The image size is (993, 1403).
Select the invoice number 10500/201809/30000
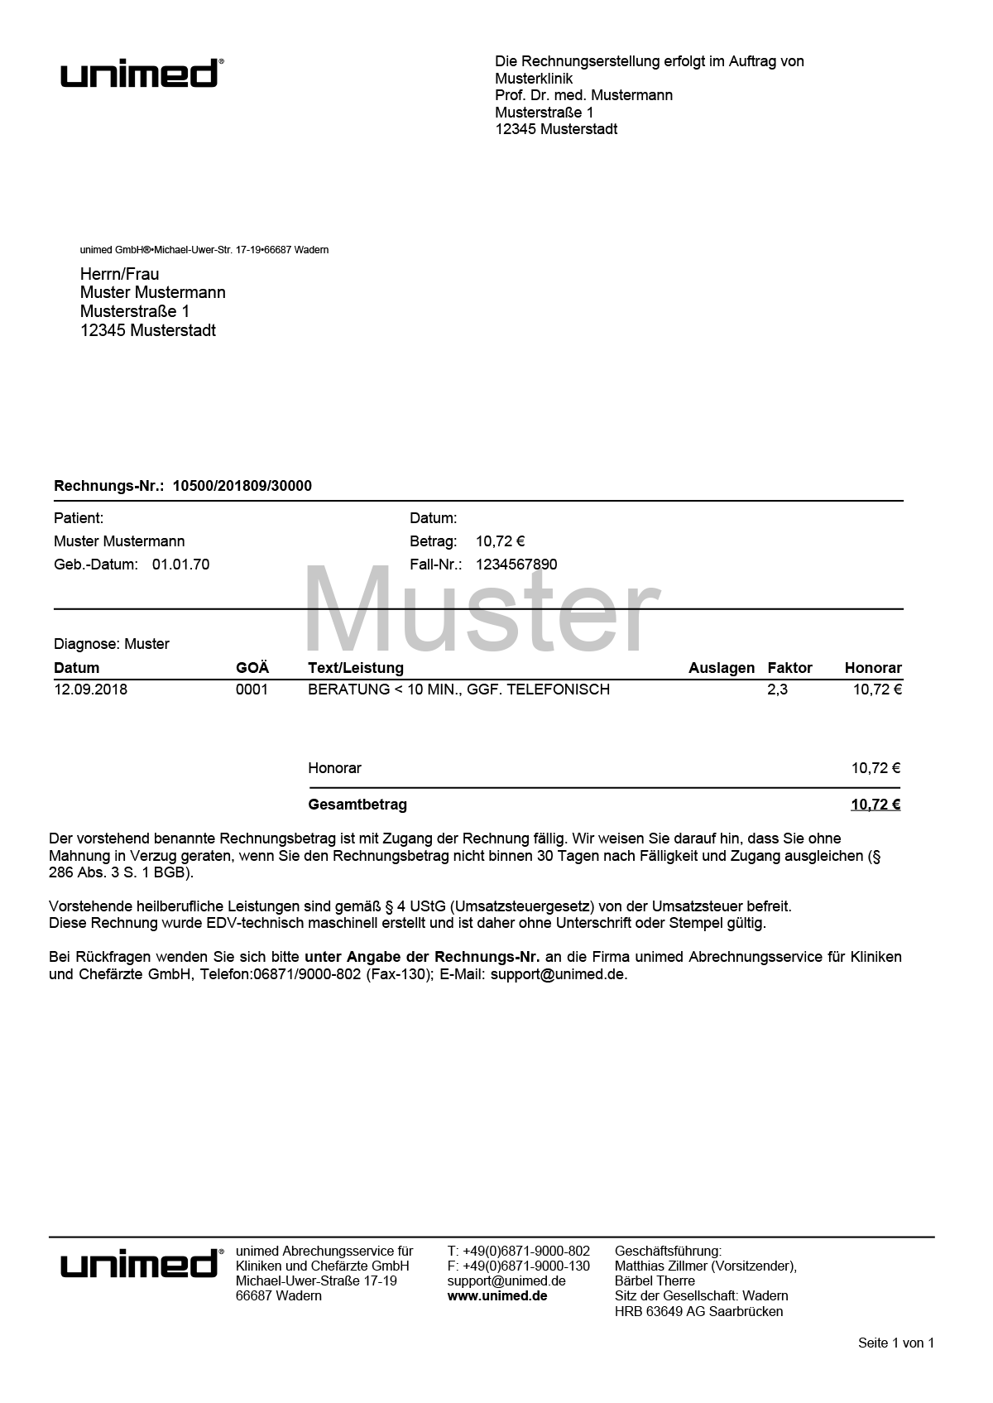pyautogui.click(x=242, y=486)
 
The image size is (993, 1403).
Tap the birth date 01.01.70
pyautogui.click(x=180, y=565)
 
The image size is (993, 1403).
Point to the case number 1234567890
pyautogui.click(x=516, y=565)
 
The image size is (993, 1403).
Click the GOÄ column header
pyautogui.click(x=252, y=668)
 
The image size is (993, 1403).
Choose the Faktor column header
pyautogui.click(x=789, y=668)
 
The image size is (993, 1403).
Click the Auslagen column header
pyautogui.click(x=722, y=668)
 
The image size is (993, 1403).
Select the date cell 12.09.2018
pyautogui.click(x=90, y=689)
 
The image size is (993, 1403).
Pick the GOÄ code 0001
pyautogui.click(x=252, y=689)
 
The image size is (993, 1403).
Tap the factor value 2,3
pyautogui.click(x=777, y=689)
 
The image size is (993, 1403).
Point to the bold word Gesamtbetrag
pyautogui.click(x=357, y=805)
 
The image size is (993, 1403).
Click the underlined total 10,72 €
pyautogui.click(x=875, y=805)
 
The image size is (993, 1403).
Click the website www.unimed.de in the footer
pyautogui.click(x=497, y=1296)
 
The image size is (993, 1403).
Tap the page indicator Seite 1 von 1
pyautogui.click(x=895, y=1343)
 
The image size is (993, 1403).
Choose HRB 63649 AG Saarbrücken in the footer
pyautogui.click(x=698, y=1312)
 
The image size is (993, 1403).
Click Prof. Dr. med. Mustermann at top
pyautogui.click(x=583, y=95)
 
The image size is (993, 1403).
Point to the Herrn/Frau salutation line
pyautogui.click(x=119, y=274)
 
